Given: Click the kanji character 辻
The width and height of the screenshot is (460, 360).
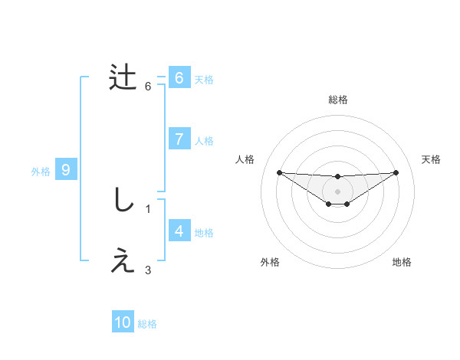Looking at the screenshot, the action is [123, 78].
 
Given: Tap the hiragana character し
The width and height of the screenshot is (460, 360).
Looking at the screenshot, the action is [123, 201].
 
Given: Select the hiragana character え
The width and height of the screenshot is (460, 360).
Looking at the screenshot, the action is [123, 262].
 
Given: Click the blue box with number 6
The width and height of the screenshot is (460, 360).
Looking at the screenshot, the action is [179, 78].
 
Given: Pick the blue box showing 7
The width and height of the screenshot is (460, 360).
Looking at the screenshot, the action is [179, 139].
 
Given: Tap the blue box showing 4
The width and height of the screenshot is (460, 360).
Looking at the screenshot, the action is [179, 231].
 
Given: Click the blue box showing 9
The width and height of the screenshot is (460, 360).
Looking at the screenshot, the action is [66, 170].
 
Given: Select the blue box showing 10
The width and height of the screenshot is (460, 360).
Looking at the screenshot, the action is [123, 323].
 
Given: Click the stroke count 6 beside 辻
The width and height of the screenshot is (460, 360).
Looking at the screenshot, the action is [148, 86].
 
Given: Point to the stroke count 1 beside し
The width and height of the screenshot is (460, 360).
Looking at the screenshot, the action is [148, 208].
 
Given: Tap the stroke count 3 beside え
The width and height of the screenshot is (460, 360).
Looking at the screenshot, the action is [148, 270].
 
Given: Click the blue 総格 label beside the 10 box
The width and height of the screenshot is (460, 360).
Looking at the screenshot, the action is [147, 324].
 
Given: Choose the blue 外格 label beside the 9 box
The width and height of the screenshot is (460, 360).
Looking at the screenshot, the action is [41, 172].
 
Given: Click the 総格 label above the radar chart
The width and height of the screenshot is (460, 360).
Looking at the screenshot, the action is [337, 100].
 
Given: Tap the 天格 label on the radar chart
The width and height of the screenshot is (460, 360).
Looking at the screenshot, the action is [432, 159].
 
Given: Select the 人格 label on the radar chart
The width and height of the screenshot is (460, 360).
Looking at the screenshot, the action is [245, 159].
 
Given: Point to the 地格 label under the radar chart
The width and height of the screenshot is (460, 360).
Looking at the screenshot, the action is [402, 262].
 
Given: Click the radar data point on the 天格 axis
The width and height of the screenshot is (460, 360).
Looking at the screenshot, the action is [396, 172].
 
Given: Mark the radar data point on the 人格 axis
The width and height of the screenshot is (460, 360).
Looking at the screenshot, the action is [279, 172].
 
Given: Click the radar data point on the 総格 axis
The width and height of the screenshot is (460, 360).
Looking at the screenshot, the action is [337, 177].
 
